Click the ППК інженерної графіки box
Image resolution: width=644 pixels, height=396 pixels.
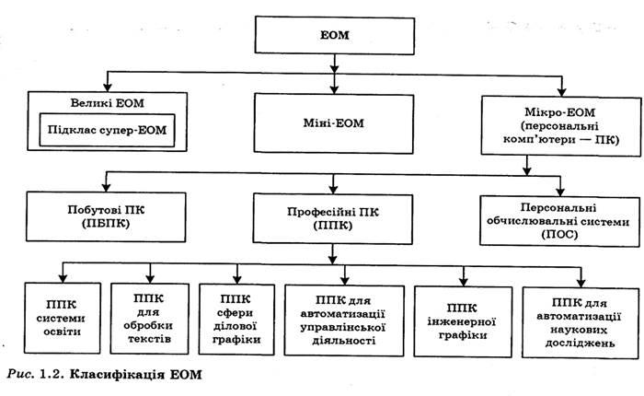click(463, 315)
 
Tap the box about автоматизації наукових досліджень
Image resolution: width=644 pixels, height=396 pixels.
click(580, 315)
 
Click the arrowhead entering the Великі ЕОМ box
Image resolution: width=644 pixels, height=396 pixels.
click(108, 84)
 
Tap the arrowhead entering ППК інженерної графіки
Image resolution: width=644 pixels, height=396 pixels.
click(463, 276)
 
